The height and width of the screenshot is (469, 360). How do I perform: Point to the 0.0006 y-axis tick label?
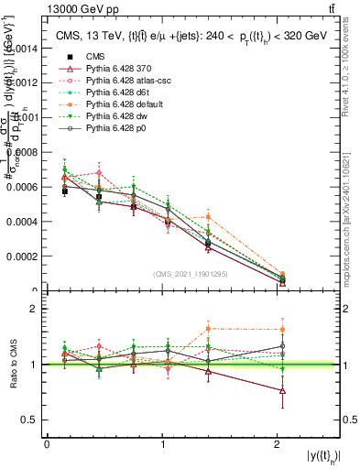(x=22, y=187)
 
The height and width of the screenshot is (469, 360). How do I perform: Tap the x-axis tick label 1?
(x=163, y=444)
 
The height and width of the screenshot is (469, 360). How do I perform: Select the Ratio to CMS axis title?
(x=14, y=365)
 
